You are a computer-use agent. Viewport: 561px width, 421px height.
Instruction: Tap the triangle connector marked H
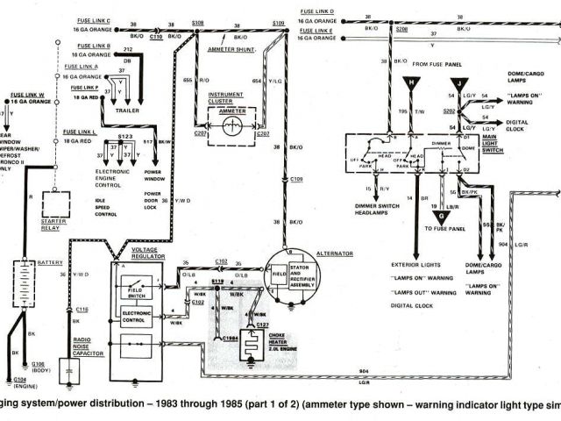tap(409, 83)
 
